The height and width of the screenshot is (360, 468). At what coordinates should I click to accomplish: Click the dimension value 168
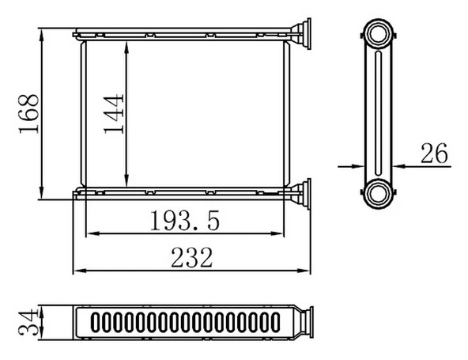pyautogui.click(x=28, y=115)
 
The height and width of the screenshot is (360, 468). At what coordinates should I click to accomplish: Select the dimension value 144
pyautogui.click(x=115, y=115)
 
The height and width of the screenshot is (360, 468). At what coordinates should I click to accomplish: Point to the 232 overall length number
pyautogui.click(x=191, y=258)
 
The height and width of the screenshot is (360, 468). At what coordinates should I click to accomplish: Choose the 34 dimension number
pyautogui.click(x=28, y=323)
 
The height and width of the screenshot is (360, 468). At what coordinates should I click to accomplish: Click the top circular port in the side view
pyautogui.click(x=379, y=35)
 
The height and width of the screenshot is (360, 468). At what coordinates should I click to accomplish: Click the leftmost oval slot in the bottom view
pyautogui.click(x=96, y=323)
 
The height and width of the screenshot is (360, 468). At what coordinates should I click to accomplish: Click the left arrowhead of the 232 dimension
pyautogui.click(x=77, y=271)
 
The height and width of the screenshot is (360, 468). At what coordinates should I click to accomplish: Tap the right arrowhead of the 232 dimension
pyautogui.click(x=307, y=271)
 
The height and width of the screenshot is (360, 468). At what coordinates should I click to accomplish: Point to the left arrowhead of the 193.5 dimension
pyautogui.click(x=90, y=233)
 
